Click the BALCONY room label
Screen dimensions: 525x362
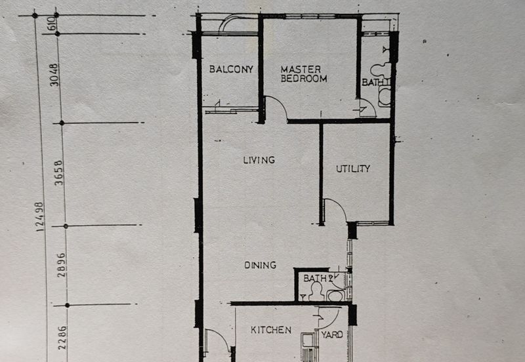pos(231,70)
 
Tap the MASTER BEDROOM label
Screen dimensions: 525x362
pos(304,74)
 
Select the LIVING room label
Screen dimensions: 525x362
pos(259,160)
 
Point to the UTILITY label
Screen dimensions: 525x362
pos(353,169)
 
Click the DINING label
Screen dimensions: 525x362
pos(260,266)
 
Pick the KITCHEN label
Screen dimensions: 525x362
pos(271,331)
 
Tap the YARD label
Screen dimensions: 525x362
pos(332,334)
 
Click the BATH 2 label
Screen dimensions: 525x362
pos(318,278)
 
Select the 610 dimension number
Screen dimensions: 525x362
pos(53,24)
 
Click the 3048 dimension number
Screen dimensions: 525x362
pos(54,75)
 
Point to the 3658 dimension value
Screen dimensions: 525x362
pos(59,172)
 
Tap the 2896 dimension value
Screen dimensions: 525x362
pos(62,265)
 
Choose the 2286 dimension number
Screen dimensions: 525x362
pos(62,338)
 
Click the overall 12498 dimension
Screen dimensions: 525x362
pos(40,217)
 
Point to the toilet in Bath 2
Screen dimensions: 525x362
pos(316,291)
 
